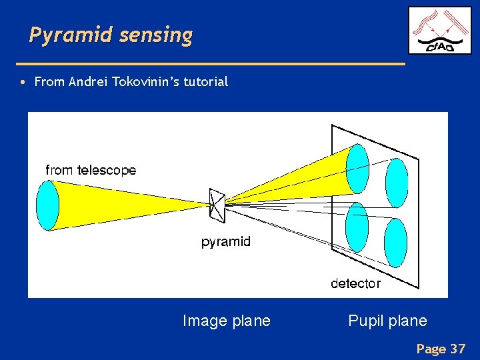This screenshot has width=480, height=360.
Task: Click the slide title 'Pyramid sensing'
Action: pyautogui.click(x=111, y=35)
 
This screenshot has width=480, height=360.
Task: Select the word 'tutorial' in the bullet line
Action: pyautogui.click(x=206, y=82)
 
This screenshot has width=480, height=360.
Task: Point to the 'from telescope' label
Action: pyautogui.click(x=91, y=170)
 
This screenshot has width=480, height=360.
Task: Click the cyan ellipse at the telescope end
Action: pyautogui.click(x=47, y=205)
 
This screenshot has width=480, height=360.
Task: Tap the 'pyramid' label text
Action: pyautogui.click(x=226, y=241)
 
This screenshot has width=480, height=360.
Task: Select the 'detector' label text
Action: pyautogui.click(x=355, y=283)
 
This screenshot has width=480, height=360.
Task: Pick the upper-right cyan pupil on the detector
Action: pyautogui.click(x=397, y=183)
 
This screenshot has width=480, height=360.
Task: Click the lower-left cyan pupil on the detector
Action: pyautogui.click(x=357, y=227)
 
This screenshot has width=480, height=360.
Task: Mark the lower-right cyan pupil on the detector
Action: pyautogui.click(x=395, y=243)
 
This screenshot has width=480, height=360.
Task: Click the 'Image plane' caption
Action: pyautogui.click(x=227, y=321)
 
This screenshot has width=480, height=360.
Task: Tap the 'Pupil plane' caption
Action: pyautogui.click(x=387, y=321)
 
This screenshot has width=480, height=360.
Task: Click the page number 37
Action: pyautogui.click(x=457, y=348)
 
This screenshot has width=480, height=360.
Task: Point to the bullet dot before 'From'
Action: pyautogui.click(x=23, y=83)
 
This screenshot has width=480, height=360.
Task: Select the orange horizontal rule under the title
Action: pyautogui.click(x=210, y=63)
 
